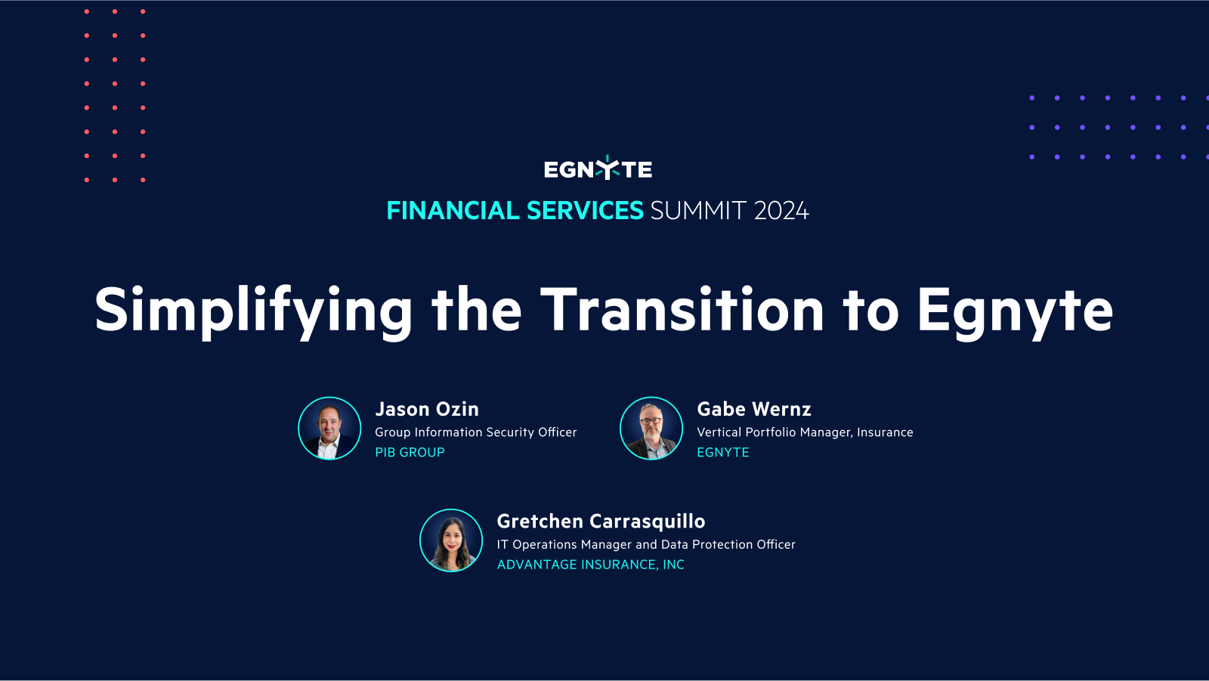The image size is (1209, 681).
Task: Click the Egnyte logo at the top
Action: click(x=598, y=169)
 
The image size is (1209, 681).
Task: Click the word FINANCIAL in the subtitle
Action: click(x=452, y=211)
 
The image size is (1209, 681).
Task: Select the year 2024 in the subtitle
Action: click(x=781, y=211)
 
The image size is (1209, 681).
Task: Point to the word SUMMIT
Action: click(x=698, y=211)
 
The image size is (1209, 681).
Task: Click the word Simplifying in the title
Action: click(x=253, y=311)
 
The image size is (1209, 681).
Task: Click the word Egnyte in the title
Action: click(x=1014, y=311)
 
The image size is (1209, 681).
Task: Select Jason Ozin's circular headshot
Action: click(x=329, y=429)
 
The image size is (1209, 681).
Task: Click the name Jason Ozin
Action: click(x=427, y=410)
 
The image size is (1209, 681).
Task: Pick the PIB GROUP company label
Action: click(x=410, y=453)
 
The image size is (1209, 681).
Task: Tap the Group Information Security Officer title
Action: click(x=475, y=432)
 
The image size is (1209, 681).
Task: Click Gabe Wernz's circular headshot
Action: click(x=651, y=429)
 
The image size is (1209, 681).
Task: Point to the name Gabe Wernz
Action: click(x=753, y=410)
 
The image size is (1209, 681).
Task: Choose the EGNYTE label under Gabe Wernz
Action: click(x=722, y=453)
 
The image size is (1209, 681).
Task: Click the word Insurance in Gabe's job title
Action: click(x=885, y=432)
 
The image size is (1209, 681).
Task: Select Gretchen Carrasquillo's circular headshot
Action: click(x=451, y=540)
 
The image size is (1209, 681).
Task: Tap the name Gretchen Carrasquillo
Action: click(x=601, y=522)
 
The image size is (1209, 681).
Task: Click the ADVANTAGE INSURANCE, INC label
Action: click(x=590, y=565)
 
